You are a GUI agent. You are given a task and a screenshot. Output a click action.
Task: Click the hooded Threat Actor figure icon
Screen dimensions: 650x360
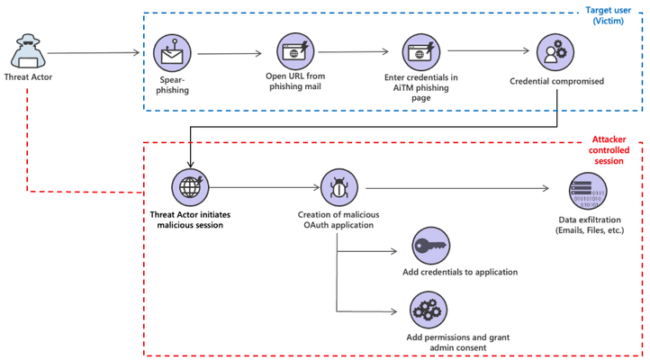(x=28, y=51)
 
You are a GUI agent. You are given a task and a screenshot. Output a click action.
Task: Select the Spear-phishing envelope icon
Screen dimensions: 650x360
(x=172, y=53)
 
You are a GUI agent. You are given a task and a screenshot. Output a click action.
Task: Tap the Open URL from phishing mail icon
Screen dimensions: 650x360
(x=295, y=51)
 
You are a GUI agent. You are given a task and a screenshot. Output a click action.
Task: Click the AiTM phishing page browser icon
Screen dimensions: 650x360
(x=420, y=52)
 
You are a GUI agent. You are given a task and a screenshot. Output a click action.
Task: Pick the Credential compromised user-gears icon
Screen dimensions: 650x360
(x=555, y=52)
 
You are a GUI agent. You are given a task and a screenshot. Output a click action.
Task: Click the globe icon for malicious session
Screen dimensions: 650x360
(x=190, y=187)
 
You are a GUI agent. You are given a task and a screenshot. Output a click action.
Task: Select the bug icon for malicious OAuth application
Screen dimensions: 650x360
(x=339, y=187)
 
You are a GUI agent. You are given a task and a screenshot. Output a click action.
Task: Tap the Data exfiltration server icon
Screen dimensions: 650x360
(x=588, y=191)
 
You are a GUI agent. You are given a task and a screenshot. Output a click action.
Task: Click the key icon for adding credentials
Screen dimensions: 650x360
(x=430, y=246)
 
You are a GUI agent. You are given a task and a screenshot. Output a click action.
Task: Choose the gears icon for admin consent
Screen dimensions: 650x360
(x=429, y=310)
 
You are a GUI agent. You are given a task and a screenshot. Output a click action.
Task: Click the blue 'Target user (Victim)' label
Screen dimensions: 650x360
(x=608, y=15)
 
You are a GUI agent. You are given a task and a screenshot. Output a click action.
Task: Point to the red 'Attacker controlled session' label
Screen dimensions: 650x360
(x=609, y=150)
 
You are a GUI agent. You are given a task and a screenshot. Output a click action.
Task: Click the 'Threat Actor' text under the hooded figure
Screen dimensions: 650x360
(x=28, y=77)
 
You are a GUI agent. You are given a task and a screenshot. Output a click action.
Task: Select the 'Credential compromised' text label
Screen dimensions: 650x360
(x=556, y=81)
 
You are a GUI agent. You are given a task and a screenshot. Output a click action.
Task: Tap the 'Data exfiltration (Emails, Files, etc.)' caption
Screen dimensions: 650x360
(x=590, y=225)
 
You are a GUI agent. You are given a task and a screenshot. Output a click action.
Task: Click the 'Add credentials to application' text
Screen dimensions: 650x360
(x=460, y=272)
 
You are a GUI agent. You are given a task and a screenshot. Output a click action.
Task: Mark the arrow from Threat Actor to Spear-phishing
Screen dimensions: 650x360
(x=94, y=52)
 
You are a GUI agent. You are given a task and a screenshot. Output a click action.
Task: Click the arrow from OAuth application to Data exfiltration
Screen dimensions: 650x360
(x=457, y=188)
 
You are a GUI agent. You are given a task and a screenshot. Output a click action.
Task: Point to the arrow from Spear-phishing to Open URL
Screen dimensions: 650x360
(x=230, y=53)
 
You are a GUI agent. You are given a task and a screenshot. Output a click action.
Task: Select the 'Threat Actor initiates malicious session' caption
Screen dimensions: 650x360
(x=190, y=220)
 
